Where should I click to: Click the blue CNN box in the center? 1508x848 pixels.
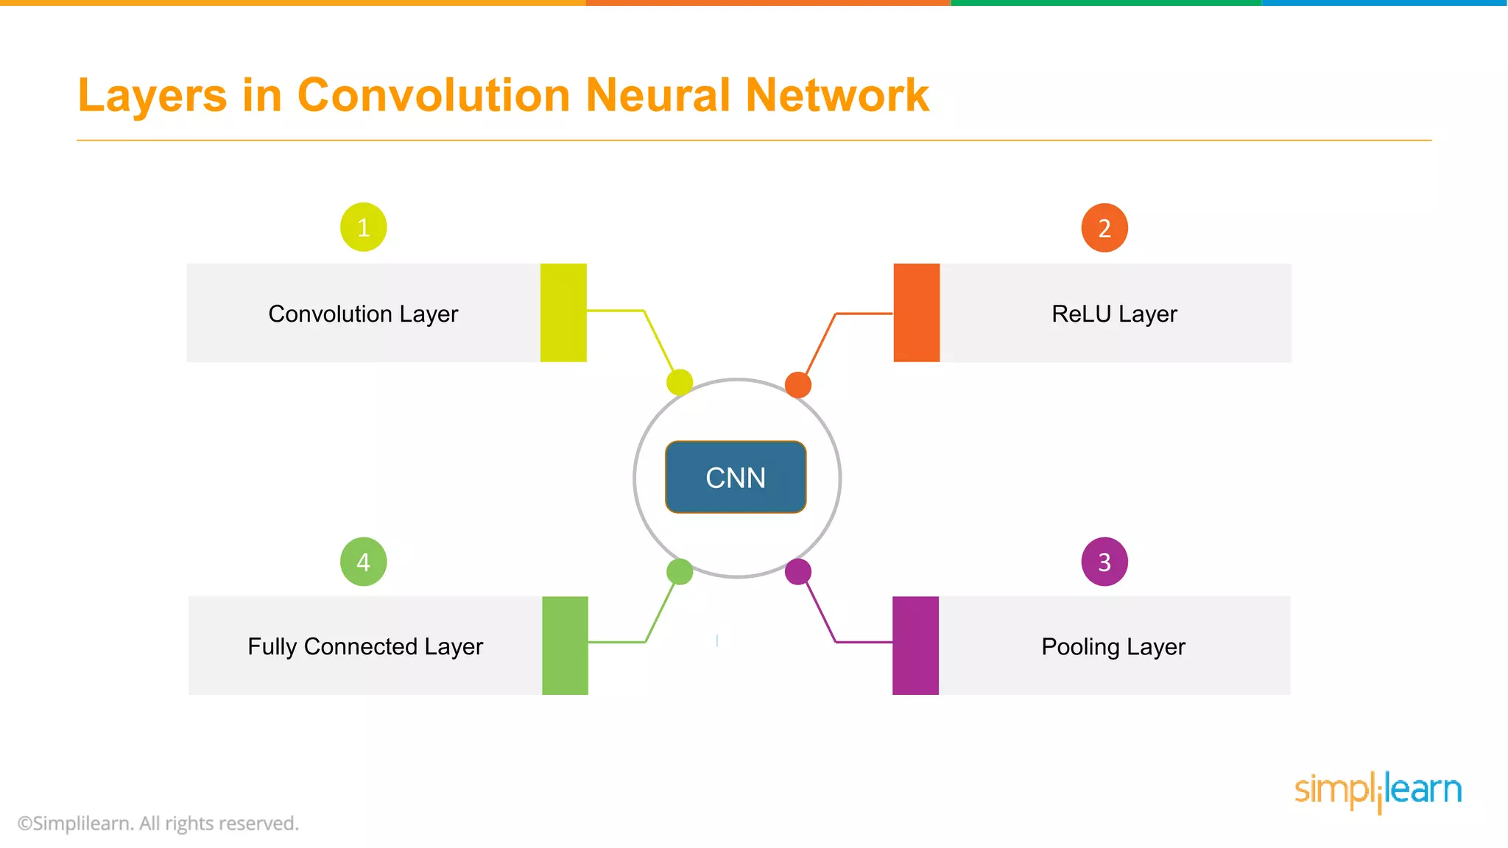[x=736, y=477]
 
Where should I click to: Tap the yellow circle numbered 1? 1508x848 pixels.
[x=363, y=227]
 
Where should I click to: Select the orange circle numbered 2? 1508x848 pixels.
[x=1104, y=228]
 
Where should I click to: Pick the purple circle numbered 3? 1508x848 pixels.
[x=1104, y=562]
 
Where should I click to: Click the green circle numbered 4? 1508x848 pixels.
[x=363, y=562]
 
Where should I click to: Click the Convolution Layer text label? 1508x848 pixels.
[x=363, y=314]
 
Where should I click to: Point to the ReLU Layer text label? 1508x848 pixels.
[x=1114, y=314]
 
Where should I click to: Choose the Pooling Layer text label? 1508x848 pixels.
[x=1113, y=646]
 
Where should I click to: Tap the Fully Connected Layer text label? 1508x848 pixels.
[x=365, y=646]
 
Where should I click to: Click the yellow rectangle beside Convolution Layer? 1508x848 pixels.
[x=563, y=313]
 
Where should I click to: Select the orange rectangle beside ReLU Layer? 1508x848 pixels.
[x=916, y=313]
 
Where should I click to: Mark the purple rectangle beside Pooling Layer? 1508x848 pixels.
[x=915, y=646]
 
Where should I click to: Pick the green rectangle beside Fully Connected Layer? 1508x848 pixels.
[x=565, y=646]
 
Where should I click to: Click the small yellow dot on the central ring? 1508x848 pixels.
[x=679, y=382]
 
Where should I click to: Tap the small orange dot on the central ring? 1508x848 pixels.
[x=797, y=384]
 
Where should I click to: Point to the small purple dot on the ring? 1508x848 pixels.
[x=797, y=571]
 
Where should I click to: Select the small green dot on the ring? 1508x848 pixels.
[x=679, y=571]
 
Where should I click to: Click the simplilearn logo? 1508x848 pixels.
[x=1378, y=791]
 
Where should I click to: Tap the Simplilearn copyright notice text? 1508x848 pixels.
[x=158, y=823]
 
